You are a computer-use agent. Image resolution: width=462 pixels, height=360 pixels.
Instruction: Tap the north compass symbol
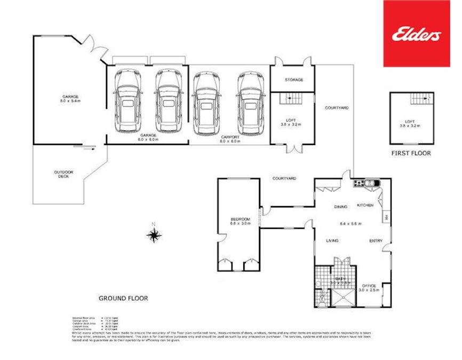[155, 234]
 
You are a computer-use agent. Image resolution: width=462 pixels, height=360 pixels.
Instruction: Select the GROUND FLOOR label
[123, 299]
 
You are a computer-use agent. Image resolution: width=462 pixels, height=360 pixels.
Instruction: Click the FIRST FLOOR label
[411, 153]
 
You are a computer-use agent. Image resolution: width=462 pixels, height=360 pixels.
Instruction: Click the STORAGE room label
[293, 80]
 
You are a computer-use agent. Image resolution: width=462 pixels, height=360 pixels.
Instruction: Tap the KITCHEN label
[365, 205]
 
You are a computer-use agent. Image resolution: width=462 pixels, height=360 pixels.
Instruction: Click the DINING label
[341, 206]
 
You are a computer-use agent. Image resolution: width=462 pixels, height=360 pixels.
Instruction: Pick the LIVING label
[333, 241]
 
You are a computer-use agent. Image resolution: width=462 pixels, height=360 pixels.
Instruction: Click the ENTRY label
[376, 241]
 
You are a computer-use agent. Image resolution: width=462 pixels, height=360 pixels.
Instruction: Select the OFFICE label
[370, 285]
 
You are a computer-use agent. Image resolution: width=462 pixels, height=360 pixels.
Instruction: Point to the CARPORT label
[231, 137]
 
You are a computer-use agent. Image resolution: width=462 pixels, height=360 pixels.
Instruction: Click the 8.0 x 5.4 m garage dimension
[69, 101]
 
